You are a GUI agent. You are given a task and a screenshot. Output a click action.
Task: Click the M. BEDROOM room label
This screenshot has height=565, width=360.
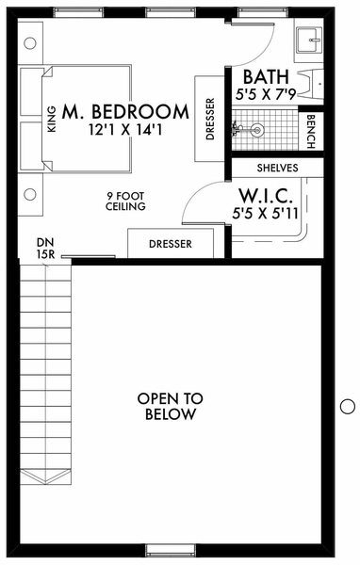(x=125, y=112)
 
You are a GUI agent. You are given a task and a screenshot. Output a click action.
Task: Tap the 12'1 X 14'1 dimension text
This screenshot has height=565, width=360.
(x=125, y=130)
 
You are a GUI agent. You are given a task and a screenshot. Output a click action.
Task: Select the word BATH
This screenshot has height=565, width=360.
(x=266, y=77)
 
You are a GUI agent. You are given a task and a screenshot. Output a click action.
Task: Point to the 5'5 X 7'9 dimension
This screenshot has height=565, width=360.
(x=266, y=94)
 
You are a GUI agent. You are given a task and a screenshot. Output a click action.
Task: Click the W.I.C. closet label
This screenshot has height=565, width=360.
(x=266, y=197)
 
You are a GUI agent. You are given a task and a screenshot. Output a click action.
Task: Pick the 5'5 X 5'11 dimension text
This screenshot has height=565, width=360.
(x=266, y=214)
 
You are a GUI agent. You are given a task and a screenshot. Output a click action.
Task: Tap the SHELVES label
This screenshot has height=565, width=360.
(x=277, y=168)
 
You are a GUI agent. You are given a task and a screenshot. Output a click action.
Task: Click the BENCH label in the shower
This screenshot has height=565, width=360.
(x=311, y=132)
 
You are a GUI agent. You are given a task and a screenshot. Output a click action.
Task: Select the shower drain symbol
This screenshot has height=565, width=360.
(x=257, y=130)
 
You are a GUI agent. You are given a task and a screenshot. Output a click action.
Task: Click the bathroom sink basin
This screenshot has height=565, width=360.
(x=308, y=40)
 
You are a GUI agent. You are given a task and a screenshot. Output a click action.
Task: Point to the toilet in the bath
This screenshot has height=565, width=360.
(x=311, y=85)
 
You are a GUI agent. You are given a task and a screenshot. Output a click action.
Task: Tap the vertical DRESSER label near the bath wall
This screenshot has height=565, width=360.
(x=210, y=119)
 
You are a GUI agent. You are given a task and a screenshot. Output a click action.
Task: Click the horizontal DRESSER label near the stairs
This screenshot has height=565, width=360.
(x=171, y=244)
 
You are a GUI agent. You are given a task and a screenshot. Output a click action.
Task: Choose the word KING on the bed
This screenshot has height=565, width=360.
(x=52, y=119)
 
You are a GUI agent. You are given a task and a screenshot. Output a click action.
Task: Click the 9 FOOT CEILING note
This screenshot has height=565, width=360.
(x=125, y=202)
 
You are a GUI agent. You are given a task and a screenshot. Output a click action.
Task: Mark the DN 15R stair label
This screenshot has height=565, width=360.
(x=45, y=249)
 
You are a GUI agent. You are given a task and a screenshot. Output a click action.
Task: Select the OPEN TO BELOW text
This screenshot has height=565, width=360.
(x=171, y=407)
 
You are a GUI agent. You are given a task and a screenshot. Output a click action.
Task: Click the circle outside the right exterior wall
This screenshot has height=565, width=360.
(x=348, y=407)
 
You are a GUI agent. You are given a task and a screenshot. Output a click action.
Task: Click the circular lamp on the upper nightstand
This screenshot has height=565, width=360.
(x=30, y=43)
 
